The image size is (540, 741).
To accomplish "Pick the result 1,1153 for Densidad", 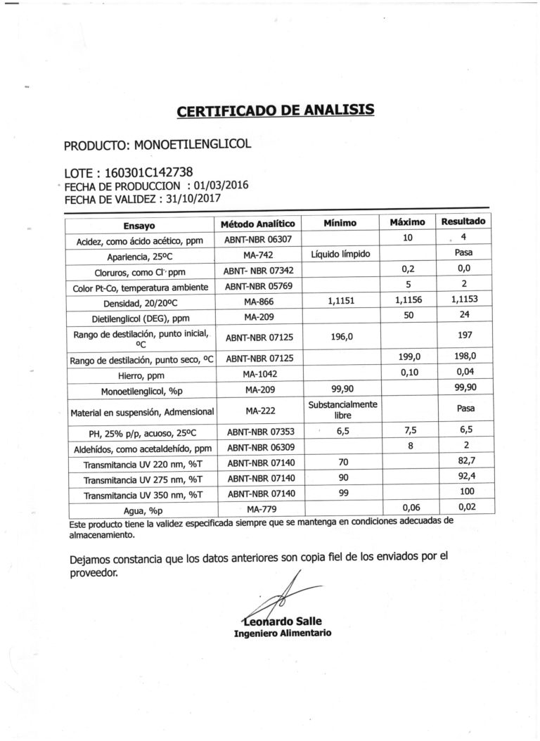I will point(463,299).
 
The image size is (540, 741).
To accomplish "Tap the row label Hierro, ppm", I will point(141,375).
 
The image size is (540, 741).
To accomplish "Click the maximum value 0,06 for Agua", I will point(410,506).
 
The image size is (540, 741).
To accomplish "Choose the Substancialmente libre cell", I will point(340,410).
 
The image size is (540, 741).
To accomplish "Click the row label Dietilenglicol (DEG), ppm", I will point(141,316).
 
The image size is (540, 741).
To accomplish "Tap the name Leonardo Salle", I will point(283,621).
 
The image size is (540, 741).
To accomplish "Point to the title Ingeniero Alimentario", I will point(283,633).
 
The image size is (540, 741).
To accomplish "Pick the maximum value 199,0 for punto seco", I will point(410,358).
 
